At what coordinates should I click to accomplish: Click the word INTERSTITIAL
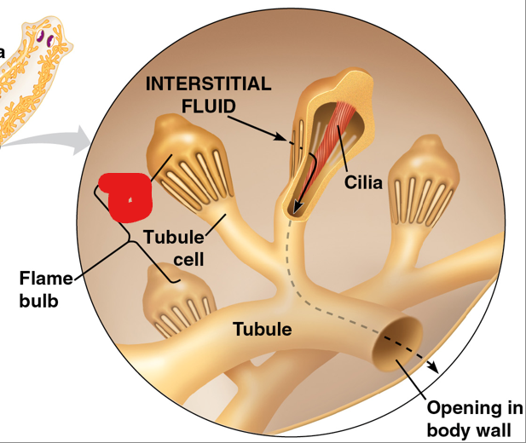click(x=208, y=84)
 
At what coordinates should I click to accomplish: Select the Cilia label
click(x=364, y=182)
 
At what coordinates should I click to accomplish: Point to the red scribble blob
click(x=126, y=196)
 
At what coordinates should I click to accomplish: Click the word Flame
click(x=41, y=279)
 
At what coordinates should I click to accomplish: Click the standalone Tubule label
click(x=262, y=329)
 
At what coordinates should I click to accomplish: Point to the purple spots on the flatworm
click(x=44, y=37)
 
